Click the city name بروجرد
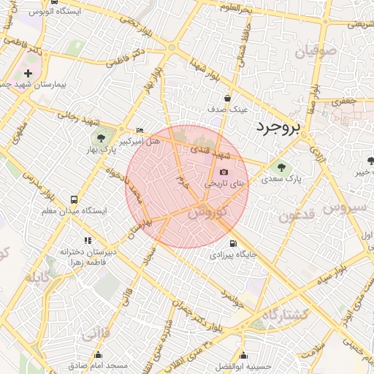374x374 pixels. pyautogui.click(x=278, y=128)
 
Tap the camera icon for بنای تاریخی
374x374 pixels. pyautogui.click(x=224, y=173)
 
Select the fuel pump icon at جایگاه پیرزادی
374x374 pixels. pyautogui.click(x=233, y=244)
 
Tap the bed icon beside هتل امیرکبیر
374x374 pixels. pyautogui.click(x=140, y=130)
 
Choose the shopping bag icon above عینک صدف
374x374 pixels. pyautogui.click(x=228, y=98)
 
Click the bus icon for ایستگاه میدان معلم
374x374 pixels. pyautogui.click(x=74, y=199)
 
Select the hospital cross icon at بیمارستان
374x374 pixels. pyautogui.click(x=28, y=74)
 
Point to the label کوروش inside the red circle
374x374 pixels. pyautogui.click(x=207, y=213)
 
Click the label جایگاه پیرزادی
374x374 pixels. pyautogui.click(x=233, y=256)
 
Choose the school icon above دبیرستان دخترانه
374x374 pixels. pyautogui.click(x=87, y=240)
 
